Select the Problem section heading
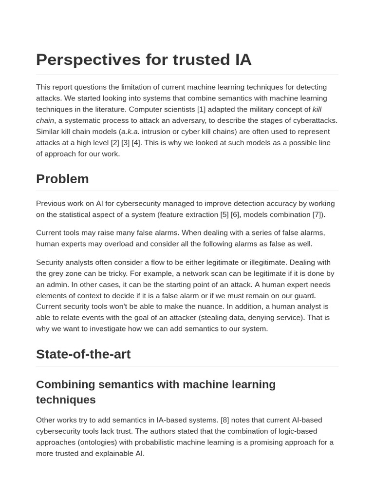62,179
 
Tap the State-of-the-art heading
83,354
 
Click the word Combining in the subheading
65,384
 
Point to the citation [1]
201,109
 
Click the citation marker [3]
125,142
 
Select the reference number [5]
224,214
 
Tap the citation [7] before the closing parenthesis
318,214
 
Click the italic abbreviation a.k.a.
130,132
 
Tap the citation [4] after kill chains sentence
136,142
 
